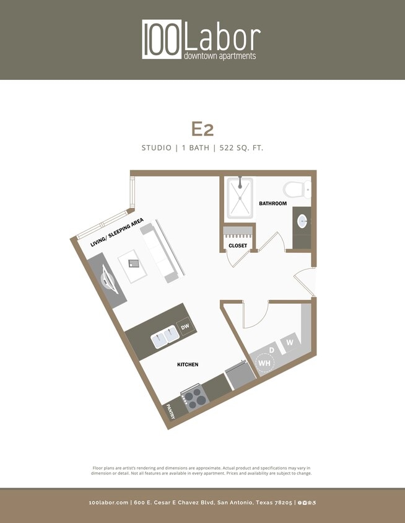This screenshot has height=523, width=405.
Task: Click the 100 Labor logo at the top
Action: pyautogui.click(x=201, y=40)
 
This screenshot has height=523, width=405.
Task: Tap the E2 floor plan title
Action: pyautogui.click(x=202, y=128)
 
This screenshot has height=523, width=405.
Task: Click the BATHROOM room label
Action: pyautogui.click(x=272, y=203)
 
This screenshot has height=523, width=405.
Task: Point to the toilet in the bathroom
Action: pyautogui.click(x=297, y=189)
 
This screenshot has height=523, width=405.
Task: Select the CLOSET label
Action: pyautogui.click(x=238, y=246)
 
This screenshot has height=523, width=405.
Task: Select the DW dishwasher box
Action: pyautogui.click(x=184, y=327)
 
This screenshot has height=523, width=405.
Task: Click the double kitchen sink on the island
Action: pyautogui.click(x=165, y=338)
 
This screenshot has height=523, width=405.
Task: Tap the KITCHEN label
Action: pyautogui.click(x=188, y=364)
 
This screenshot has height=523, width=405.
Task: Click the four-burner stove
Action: pyautogui.click(x=193, y=397)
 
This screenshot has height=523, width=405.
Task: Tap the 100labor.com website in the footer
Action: pyautogui.click(x=108, y=503)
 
